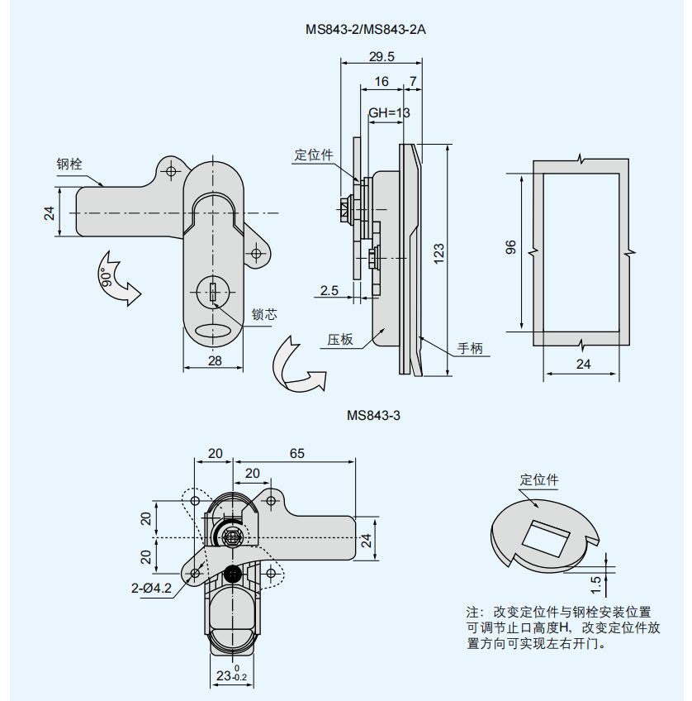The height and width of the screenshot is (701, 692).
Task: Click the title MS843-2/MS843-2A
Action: pos(365,30)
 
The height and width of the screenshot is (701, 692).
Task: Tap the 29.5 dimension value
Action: pos(381,57)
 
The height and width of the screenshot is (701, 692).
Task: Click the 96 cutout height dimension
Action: pos(510,247)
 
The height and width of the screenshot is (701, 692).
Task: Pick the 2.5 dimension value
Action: pos(329,290)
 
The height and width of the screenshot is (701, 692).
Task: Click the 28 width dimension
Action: pos(215,360)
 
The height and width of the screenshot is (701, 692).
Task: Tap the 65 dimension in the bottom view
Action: pos(297,453)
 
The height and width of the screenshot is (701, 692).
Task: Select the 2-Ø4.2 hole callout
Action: pos(151,589)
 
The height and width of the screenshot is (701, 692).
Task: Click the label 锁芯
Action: pos(264,315)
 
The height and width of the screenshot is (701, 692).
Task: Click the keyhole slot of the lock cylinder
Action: pos(213,292)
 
